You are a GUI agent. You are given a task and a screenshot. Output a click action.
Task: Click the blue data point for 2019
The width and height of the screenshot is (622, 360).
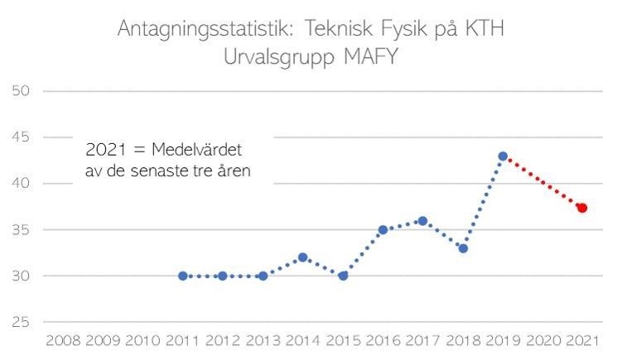pos(503,156)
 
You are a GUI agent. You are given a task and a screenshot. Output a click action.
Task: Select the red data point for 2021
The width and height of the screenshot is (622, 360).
pos(582,208)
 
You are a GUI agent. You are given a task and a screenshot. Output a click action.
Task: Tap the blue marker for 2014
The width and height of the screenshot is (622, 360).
pos(302,257)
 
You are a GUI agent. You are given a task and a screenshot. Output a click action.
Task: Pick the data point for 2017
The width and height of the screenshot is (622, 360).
pos(422,221)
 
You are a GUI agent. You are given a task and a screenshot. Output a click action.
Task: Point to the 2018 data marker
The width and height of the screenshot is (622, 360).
pos(463,248)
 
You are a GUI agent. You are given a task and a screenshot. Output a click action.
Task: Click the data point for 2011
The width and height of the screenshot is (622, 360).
pos(182,276)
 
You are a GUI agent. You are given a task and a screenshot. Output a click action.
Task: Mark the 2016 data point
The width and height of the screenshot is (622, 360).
pos(383,230)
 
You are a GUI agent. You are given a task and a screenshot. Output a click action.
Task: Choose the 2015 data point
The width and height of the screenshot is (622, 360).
pos(343,276)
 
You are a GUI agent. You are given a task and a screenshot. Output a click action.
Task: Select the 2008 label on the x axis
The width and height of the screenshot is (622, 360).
pos(63,340)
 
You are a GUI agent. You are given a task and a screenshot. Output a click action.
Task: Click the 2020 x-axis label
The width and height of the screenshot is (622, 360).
pos(542,340)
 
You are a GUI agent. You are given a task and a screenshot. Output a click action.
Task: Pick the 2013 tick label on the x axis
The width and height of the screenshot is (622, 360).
pos(263,340)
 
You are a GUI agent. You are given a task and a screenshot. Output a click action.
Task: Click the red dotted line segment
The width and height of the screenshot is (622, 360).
pos(542,182)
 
